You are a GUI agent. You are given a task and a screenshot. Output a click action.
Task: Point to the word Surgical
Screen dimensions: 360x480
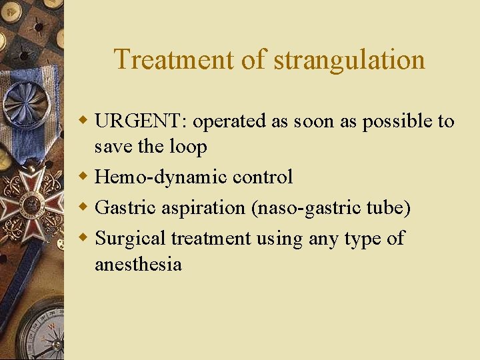(x=130, y=239)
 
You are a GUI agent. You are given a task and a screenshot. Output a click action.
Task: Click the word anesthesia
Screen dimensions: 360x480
(x=138, y=264)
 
